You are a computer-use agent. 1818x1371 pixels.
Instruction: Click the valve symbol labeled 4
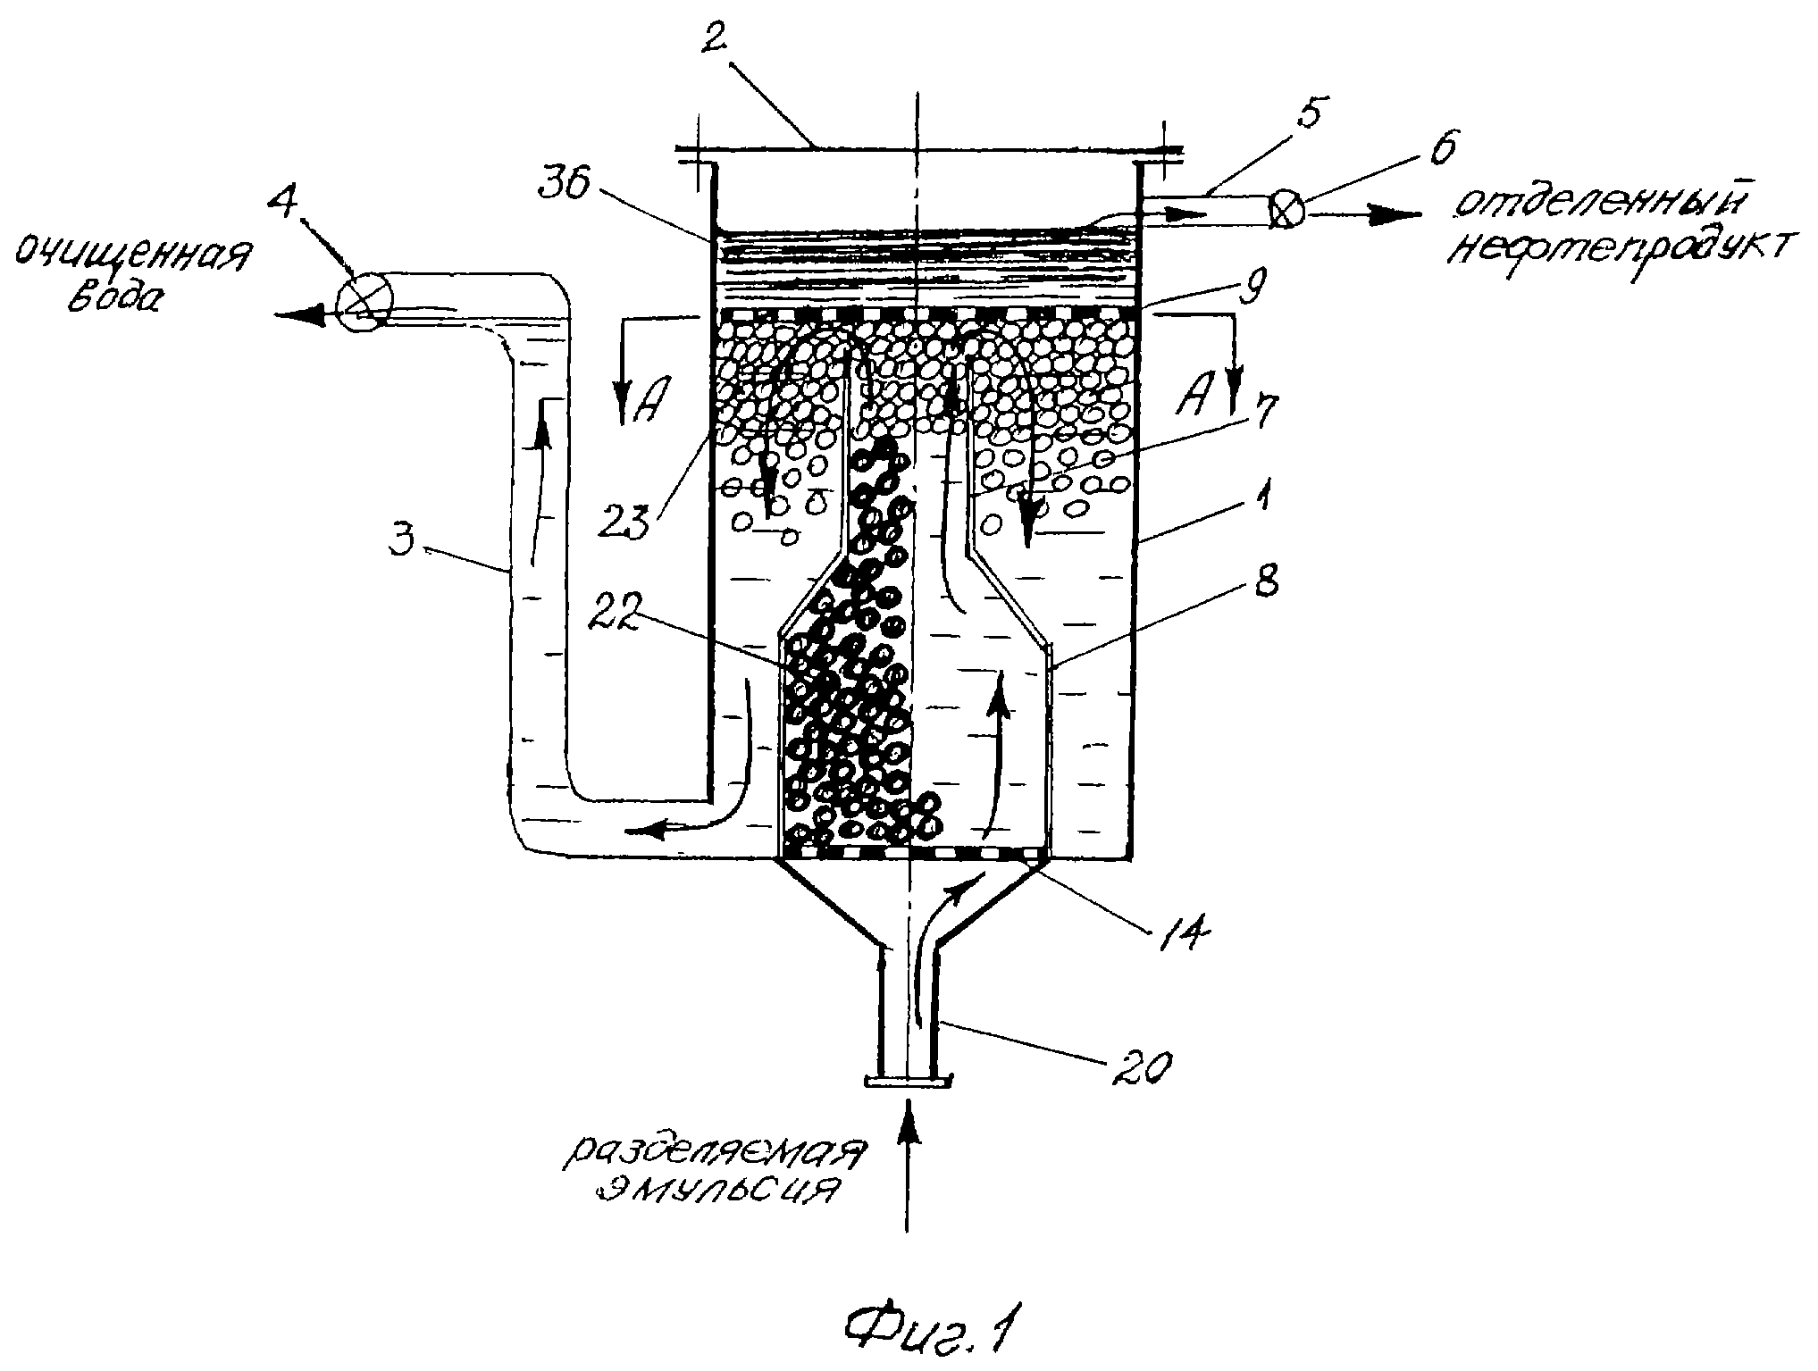(364, 302)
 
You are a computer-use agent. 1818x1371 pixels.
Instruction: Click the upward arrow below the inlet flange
(909, 1166)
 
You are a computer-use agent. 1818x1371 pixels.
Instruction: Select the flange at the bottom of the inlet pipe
(908, 1083)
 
